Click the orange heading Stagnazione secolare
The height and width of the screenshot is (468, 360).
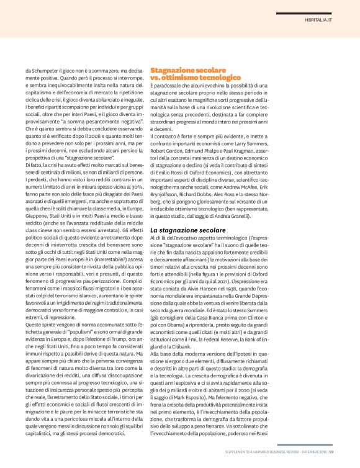point(183,72)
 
